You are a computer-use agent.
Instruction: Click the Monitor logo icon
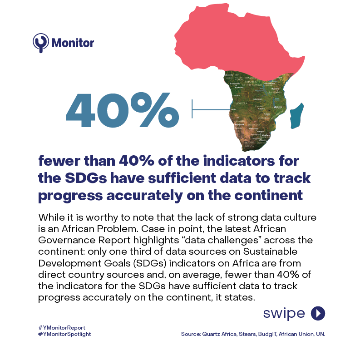(x=40, y=43)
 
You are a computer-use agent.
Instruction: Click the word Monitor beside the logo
(x=73, y=43)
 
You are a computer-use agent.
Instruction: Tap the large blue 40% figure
(x=122, y=109)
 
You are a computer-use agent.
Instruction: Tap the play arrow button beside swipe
(x=318, y=313)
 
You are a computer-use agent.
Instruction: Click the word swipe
(x=284, y=313)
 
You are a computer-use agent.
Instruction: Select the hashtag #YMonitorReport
(x=62, y=327)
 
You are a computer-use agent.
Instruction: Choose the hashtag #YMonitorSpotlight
(x=65, y=334)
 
